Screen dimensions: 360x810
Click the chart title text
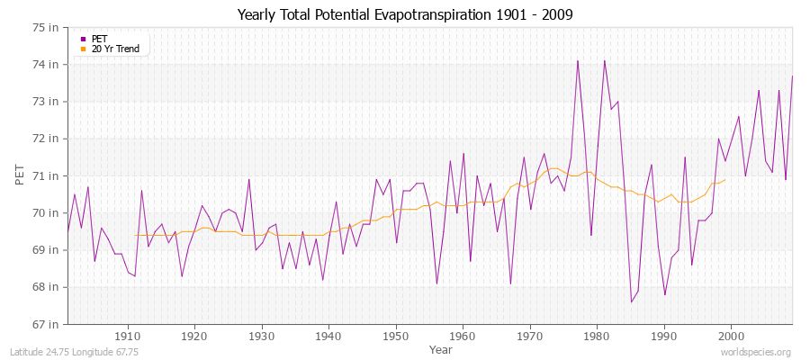pos(405,14)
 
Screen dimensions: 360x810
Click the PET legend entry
pos(99,39)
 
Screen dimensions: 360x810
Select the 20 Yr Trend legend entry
pos(115,49)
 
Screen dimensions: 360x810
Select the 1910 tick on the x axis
pos(128,337)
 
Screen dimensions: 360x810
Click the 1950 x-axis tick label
pos(396,337)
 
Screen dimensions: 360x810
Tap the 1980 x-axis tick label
pos(597,337)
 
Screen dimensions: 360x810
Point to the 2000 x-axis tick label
pos(731,337)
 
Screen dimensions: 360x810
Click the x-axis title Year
pos(441,349)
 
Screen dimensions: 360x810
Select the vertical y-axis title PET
pos(21,175)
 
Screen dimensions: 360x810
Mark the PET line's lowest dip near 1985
pos(631,301)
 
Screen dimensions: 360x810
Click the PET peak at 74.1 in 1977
pos(578,61)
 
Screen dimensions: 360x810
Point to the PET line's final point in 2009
pos(792,76)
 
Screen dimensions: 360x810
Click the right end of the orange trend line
pos(725,180)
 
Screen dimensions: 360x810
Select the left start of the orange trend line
pos(135,235)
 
